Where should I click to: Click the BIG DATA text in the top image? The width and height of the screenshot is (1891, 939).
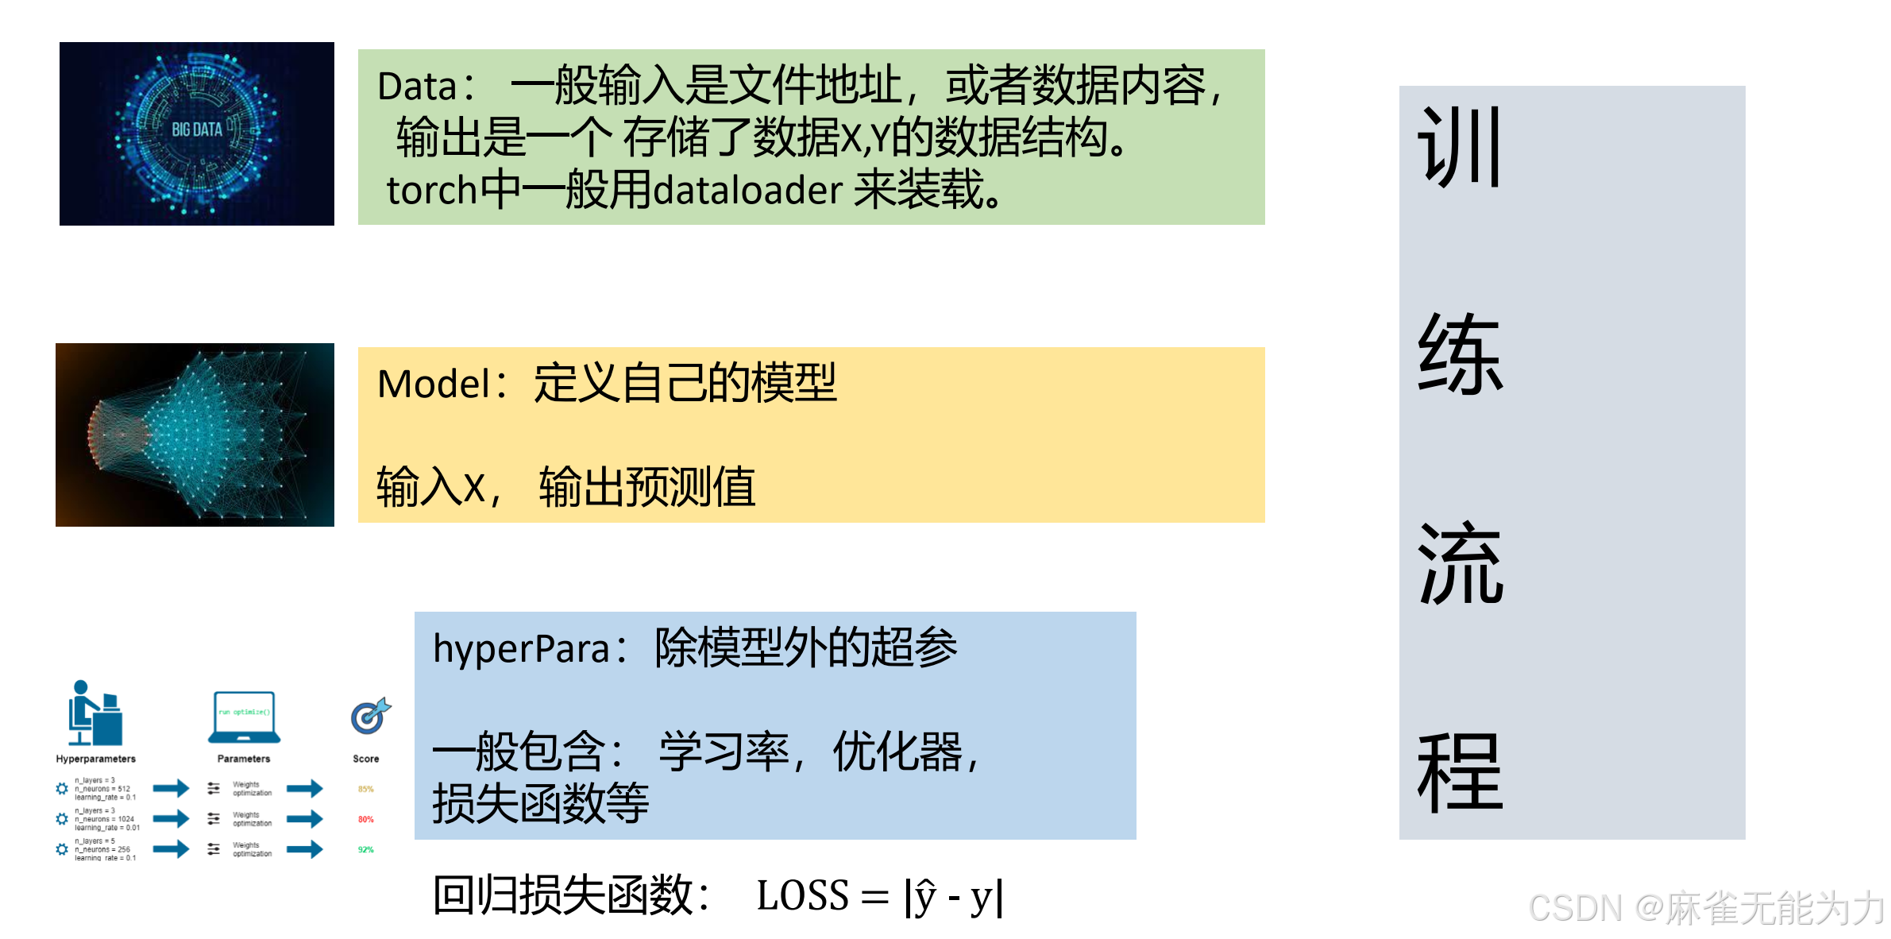click(x=197, y=129)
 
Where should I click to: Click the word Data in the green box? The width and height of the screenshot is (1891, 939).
click(x=417, y=87)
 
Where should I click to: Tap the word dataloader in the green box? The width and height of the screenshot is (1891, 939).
click(x=747, y=191)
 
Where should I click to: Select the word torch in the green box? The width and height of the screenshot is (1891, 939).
click(x=432, y=191)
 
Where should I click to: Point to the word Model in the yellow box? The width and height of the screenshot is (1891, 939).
click(x=434, y=384)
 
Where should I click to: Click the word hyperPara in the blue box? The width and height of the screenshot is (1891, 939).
click(x=521, y=649)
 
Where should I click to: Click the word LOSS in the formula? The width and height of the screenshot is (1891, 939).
click(x=802, y=896)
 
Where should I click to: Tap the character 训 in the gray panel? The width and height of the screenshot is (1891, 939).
click(x=1460, y=148)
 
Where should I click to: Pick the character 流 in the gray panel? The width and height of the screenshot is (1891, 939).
click(x=1460, y=563)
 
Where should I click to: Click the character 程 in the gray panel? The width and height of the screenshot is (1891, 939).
click(x=1460, y=772)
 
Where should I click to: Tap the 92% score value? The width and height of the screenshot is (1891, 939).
click(x=365, y=850)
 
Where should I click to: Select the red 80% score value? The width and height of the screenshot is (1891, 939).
click(x=365, y=819)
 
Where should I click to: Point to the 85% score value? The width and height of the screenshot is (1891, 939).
click(x=365, y=789)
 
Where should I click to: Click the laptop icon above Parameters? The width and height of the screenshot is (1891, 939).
click(x=245, y=716)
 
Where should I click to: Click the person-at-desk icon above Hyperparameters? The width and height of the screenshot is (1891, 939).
click(x=95, y=713)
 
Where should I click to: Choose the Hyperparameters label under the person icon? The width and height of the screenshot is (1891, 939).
click(x=95, y=759)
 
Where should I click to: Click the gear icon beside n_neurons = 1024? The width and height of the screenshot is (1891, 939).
click(x=62, y=819)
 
